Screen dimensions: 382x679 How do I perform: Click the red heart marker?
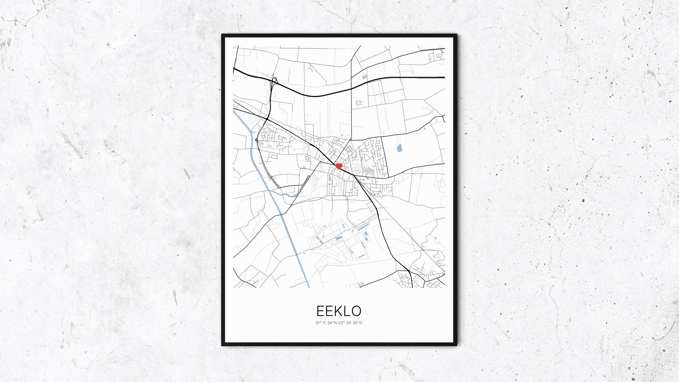tap(339, 166)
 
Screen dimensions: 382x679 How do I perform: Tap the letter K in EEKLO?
tap(338, 311)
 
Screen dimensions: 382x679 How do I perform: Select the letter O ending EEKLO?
tap(356, 311)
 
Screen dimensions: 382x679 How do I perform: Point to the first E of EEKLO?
tap(320, 311)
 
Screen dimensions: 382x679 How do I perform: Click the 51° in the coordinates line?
tap(318, 323)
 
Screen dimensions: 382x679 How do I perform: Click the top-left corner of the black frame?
tap(222, 35)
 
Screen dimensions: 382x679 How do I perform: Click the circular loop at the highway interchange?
tap(274, 79)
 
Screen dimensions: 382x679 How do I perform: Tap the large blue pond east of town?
tap(400, 148)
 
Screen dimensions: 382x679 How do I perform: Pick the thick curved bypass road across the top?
tap(318, 95)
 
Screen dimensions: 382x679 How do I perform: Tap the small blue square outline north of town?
tap(359, 103)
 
